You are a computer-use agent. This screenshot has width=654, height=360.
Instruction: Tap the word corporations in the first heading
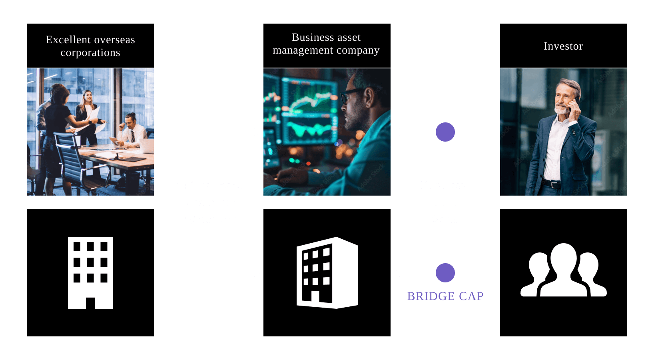tap(90, 53)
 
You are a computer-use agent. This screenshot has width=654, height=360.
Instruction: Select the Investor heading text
tap(563, 46)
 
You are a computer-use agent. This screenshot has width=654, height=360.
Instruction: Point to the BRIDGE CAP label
tap(445, 296)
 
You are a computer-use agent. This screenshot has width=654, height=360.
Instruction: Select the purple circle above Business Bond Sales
tap(445, 132)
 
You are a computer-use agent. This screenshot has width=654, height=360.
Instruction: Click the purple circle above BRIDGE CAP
tap(445, 273)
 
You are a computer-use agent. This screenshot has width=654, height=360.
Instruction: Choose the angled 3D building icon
tap(327, 273)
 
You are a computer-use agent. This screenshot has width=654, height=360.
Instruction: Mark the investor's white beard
tap(561, 109)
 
